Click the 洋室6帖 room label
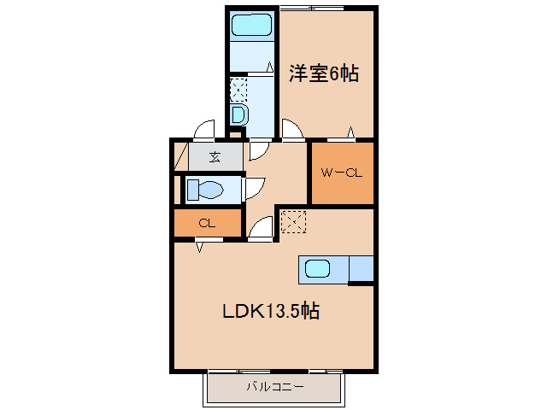click(322, 74)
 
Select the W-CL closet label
click(342, 173)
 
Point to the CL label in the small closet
click(206, 224)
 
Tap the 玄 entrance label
click(215, 157)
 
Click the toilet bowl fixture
click(208, 190)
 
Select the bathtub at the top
click(251, 25)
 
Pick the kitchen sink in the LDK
click(317, 269)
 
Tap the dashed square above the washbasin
click(238, 90)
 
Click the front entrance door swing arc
click(203, 130)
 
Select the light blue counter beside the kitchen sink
click(361, 269)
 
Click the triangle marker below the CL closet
click(199, 247)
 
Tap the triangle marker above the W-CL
click(350, 132)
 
